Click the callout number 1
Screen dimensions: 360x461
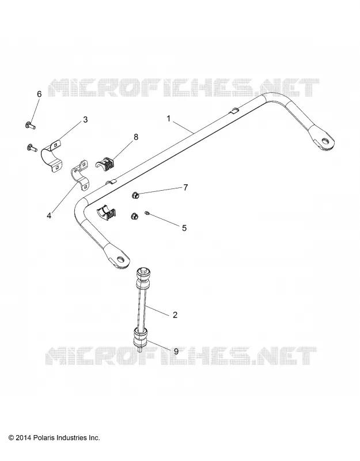coord(168,119)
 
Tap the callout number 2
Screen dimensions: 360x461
coord(175,315)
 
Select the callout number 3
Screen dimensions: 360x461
coord(85,120)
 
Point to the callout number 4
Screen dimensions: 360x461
coord(49,216)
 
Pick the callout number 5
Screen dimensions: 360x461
coord(184,228)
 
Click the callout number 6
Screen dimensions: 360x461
coord(39,94)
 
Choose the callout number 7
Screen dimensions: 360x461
coord(185,187)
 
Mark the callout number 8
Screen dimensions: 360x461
coord(135,137)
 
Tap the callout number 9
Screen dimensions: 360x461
coord(176,351)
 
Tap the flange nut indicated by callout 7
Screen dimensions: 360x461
coord(135,195)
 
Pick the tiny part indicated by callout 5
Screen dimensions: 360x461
coord(147,213)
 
